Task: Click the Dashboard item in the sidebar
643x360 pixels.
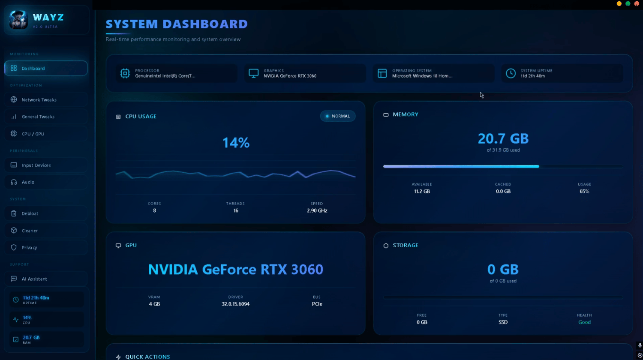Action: click(46, 68)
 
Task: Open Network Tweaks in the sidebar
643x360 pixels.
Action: click(46, 100)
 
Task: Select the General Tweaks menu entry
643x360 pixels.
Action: click(46, 117)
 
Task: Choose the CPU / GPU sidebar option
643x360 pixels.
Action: click(46, 134)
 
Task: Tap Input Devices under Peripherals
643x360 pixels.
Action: click(46, 165)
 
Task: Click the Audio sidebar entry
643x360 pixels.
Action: click(46, 182)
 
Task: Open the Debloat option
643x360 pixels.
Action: click(46, 213)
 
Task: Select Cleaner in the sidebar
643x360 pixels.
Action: click(46, 231)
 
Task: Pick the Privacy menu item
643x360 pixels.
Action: click(46, 248)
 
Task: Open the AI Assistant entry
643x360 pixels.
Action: click(46, 279)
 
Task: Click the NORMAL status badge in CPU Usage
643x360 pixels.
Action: click(338, 116)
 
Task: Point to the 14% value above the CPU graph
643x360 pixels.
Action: click(236, 143)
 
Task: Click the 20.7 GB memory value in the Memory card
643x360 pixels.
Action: click(503, 138)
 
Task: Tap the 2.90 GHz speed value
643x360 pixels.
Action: click(317, 210)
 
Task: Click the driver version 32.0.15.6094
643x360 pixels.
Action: click(235, 304)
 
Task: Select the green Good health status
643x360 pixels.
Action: click(584, 322)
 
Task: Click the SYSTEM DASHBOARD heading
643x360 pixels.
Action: click(177, 24)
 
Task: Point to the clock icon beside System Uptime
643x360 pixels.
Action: click(511, 73)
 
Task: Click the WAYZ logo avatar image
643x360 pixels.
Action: click(18, 20)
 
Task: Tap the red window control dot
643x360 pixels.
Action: click(637, 4)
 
